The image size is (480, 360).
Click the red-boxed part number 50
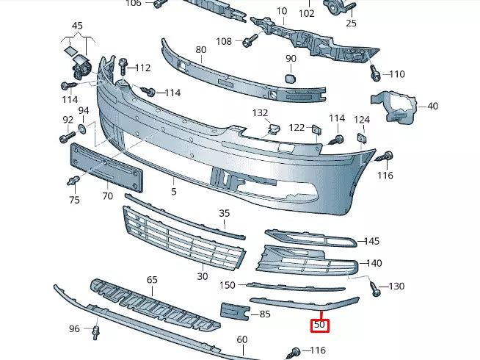319,324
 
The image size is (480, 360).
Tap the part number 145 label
371,241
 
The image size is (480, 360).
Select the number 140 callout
374,263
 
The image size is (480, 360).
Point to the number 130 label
396,286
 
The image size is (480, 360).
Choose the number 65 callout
152,280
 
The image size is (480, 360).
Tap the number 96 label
74,328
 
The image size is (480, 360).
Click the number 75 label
74,199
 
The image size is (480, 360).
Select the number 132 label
261,113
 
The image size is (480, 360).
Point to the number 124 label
362,119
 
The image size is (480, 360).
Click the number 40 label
432,106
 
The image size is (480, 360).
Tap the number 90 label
291,58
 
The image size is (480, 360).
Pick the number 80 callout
200,50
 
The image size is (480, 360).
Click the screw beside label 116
384,156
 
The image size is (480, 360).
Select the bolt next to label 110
376,73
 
